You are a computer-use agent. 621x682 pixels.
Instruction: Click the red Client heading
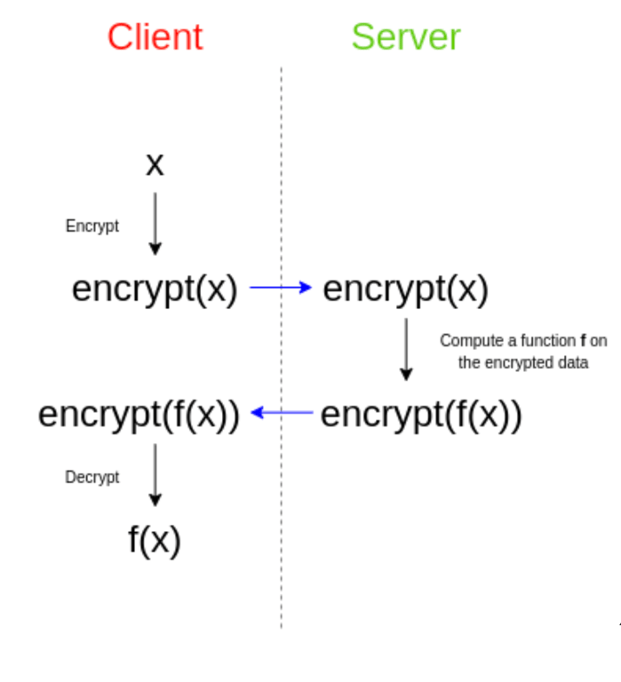[x=155, y=37]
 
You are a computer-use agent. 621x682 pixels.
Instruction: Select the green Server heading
[x=406, y=37]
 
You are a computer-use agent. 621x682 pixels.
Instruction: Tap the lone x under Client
[x=155, y=165]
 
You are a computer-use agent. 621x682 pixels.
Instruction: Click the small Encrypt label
[x=92, y=226]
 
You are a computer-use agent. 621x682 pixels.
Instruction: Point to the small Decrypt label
[x=92, y=477]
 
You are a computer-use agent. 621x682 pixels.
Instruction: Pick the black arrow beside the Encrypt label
[x=155, y=224]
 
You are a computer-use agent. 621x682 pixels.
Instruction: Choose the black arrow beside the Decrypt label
[x=155, y=475]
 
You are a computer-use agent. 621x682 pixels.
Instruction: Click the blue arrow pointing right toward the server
[x=281, y=287]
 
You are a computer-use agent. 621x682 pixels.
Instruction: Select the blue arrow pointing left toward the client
[x=282, y=412]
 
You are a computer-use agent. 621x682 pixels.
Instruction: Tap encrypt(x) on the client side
[x=155, y=289]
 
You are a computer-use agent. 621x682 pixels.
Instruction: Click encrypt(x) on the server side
[x=406, y=289]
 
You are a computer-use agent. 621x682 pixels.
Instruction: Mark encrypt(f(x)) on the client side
[x=139, y=414]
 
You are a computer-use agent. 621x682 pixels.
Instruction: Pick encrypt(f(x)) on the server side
[x=421, y=414]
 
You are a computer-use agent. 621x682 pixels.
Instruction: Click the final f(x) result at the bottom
[x=155, y=540]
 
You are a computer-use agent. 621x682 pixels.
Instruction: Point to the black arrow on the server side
[x=406, y=349]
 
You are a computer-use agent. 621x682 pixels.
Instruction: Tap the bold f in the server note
[x=583, y=341]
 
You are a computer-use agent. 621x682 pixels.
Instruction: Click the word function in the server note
[x=548, y=341]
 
